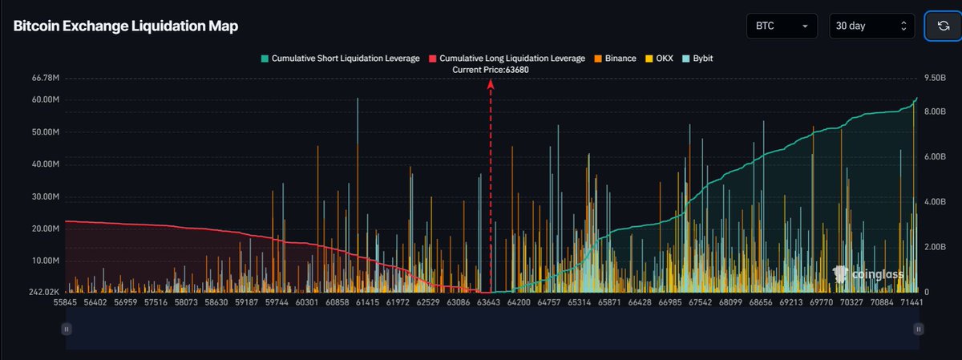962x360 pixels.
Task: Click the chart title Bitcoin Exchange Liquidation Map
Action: point(125,26)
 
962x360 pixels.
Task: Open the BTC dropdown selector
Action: point(781,26)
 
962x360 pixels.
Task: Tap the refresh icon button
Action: point(944,26)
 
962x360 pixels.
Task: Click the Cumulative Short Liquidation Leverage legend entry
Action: point(340,59)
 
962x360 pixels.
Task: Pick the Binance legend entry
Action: point(615,59)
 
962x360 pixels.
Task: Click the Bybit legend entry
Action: point(698,59)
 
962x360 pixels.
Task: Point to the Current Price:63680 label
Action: point(491,70)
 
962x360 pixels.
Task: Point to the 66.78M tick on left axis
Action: point(46,79)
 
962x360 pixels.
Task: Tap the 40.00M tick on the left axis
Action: point(46,164)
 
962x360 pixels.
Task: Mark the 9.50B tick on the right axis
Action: point(936,79)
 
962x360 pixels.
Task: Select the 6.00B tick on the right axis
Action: point(936,157)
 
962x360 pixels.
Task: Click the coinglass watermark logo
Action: point(869,275)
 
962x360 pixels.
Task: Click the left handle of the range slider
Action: point(67,329)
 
